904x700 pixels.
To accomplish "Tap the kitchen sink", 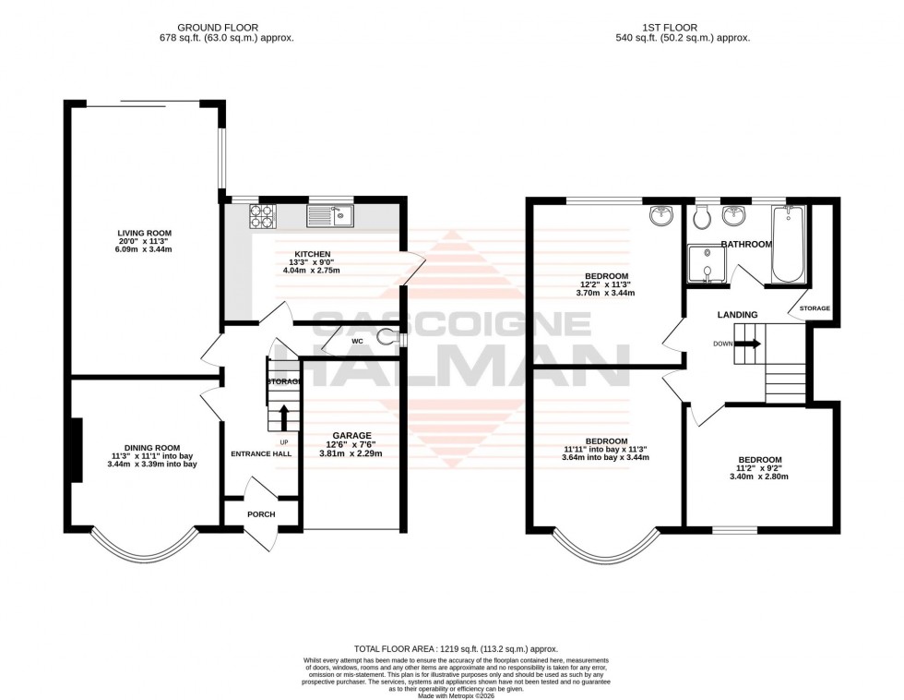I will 330,216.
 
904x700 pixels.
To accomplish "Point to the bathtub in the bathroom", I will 787,246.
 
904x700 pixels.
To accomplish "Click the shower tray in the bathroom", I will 706,266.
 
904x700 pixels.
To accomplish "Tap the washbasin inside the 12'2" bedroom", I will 661,216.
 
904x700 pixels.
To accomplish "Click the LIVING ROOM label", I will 144,233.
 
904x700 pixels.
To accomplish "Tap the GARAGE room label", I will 351,435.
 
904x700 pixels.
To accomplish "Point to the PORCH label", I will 261,514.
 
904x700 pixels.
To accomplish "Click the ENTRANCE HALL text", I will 262,453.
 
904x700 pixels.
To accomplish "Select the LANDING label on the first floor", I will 737,315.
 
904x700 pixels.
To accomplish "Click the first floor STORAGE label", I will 815,308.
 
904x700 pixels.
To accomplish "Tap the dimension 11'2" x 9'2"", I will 759,469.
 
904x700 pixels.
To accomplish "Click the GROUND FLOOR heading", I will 218,28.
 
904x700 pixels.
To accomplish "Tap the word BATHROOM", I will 745,245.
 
